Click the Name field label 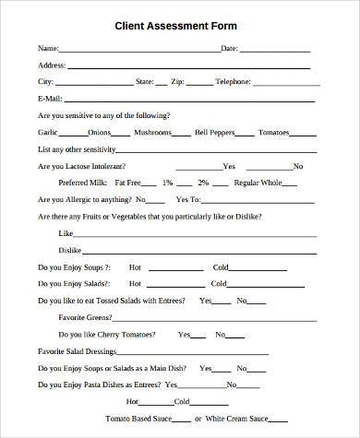pos(48,47)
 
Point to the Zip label pos(178,82)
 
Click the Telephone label pos(233,82)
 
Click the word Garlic pos(47,133)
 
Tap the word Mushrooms pos(152,133)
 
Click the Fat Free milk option pos(129,183)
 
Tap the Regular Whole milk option pos(258,183)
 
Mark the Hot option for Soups pos(135,267)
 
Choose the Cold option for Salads pos(221,284)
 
